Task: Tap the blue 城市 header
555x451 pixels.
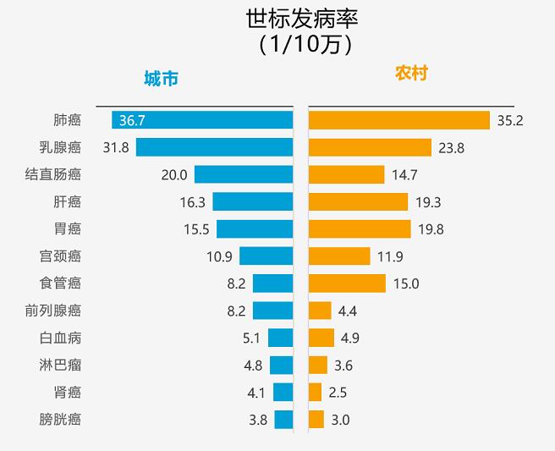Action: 161,79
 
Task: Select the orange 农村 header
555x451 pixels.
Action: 411,74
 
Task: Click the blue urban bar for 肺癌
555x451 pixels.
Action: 203,120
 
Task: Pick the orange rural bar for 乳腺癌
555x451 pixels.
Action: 370,147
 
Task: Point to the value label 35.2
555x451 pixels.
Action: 510,120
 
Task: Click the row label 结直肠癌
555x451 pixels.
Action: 53,174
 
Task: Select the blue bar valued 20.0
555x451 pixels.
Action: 244,174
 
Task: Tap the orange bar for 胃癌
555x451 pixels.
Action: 360,228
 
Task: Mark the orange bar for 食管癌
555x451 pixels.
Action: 347,283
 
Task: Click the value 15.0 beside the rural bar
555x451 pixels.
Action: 406,283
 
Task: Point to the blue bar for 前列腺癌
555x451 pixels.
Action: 272,311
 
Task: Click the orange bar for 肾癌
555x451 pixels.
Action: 316,392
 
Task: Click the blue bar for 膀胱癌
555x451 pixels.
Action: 283,419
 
